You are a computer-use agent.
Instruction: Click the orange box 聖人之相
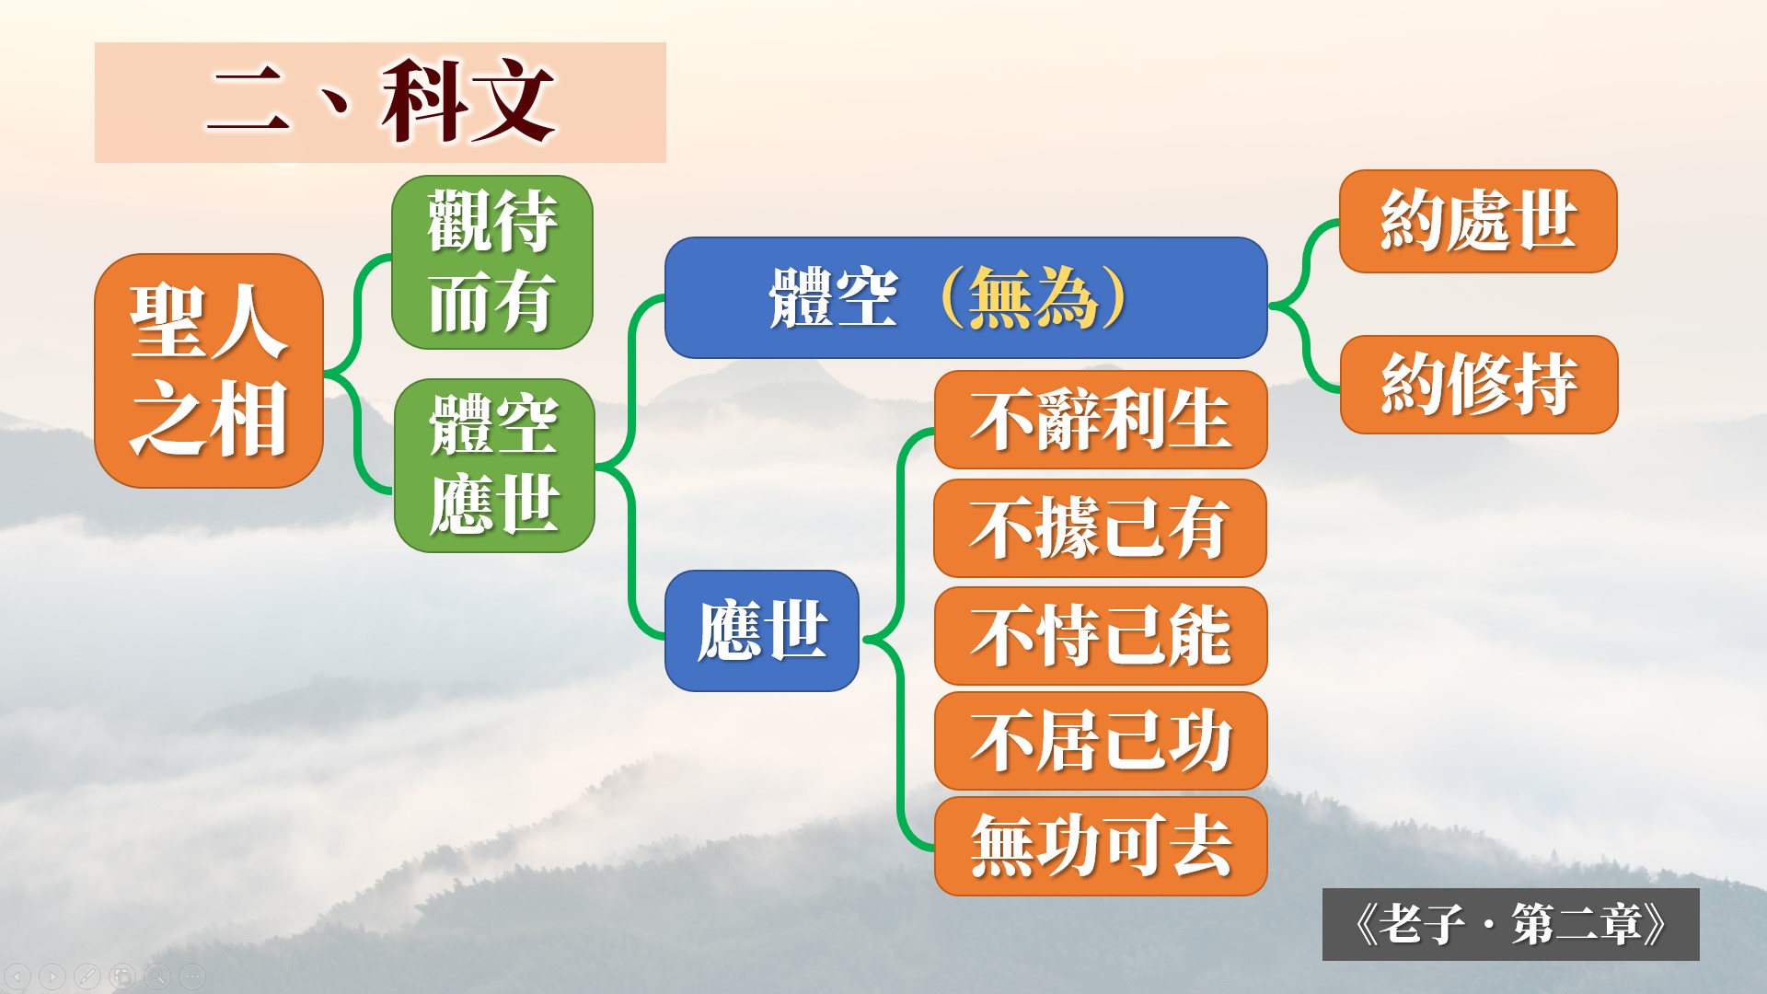click(x=209, y=370)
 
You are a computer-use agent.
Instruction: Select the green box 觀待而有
click(x=492, y=262)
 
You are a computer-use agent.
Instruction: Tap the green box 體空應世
click(x=494, y=466)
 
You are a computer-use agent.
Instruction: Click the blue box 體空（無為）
click(x=965, y=297)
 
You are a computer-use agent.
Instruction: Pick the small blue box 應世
click(x=762, y=630)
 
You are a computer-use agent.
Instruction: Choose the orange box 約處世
click(x=1478, y=221)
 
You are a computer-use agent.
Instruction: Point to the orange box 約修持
click(x=1479, y=384)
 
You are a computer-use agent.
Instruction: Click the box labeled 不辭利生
click(x=1101, y=420)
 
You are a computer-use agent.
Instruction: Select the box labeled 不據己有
click(x=1101, y=528)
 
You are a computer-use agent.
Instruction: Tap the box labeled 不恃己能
click(x=1101, y=636)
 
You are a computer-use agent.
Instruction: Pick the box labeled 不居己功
click(x=1101, y=741)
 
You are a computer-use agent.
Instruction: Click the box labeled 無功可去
click(x=1101, y=846)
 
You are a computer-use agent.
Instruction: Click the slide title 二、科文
click(x=380, y=102)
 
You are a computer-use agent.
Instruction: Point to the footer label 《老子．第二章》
click(x=1510, y=924)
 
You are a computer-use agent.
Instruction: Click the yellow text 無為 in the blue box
click(x=1033, y=297)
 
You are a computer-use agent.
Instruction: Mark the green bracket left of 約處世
click(x=1306, y=305)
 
